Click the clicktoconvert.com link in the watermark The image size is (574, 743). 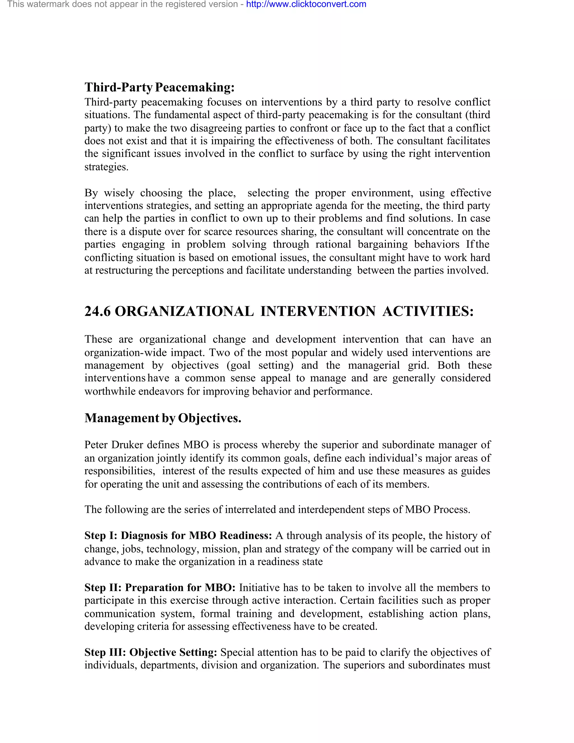[306, 4]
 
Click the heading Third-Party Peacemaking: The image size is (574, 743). [159, 87]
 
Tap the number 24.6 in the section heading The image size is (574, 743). [97, 311]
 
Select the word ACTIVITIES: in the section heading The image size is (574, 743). [428, 311]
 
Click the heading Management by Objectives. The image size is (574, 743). [163, 418]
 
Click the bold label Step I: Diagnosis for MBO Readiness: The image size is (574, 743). [178, 536]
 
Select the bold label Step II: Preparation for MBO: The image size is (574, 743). [160, 587]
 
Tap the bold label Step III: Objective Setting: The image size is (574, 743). [151, 652]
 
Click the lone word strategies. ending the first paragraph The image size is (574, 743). [107, 167]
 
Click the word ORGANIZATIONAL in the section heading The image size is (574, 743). [184, 311]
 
